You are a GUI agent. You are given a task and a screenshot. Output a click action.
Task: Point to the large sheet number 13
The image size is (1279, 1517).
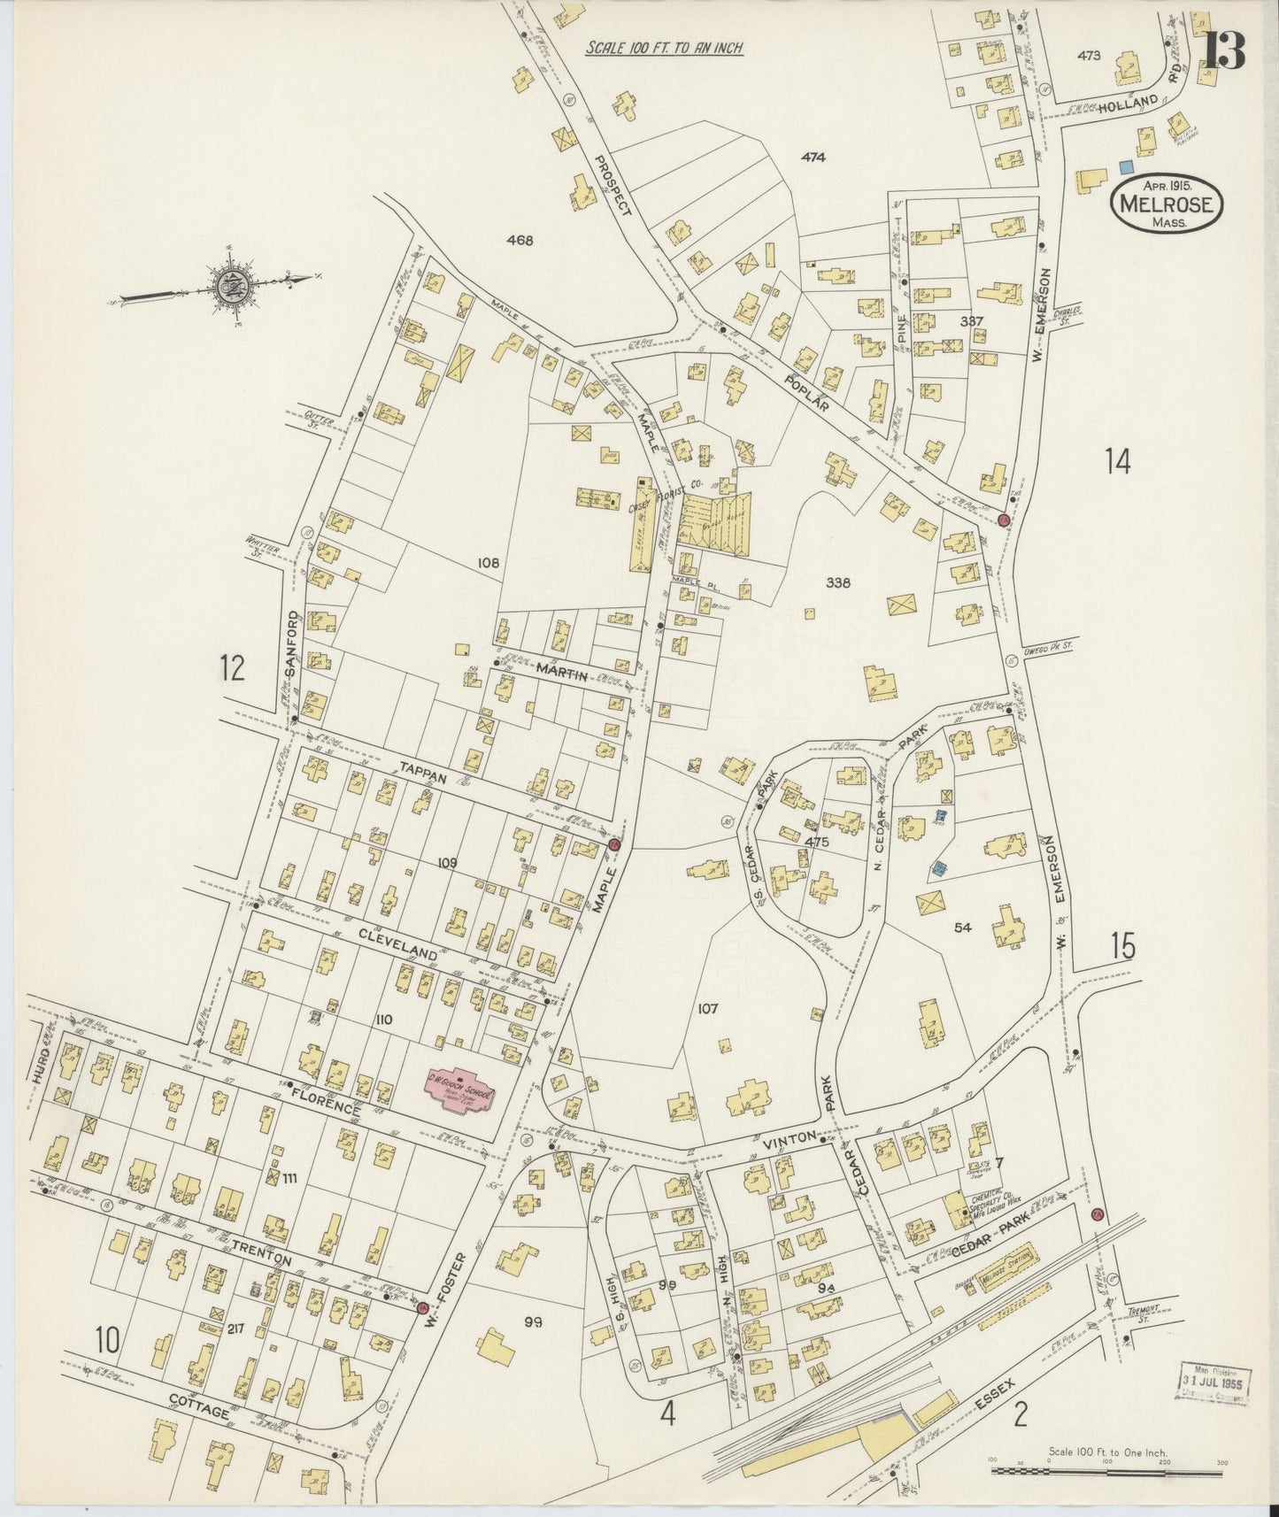tap(1224, 51)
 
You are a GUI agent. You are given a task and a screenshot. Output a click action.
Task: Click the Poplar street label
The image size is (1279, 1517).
tap(809, 390)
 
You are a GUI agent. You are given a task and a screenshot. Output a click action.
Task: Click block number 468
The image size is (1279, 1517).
tap(520, 240)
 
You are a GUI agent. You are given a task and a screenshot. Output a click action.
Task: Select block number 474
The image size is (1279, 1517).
tap(813, 158)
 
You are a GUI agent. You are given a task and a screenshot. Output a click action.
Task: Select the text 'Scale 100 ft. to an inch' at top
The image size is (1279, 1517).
tap(663, 49)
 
